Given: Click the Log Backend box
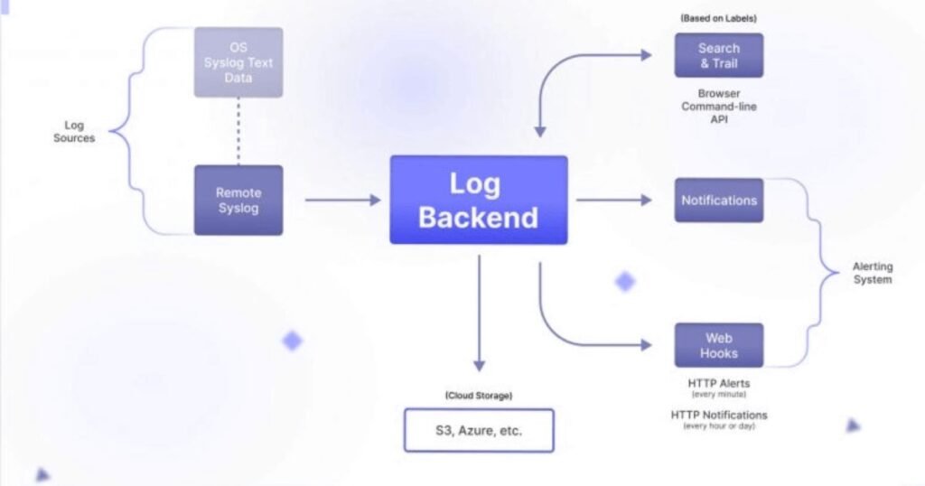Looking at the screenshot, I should pyautogui.click(x=478, y=200).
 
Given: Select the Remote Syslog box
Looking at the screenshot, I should pyautogui.click(x=238, y=200).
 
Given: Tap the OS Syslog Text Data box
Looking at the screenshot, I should pyautogui.click(x=238, y=62).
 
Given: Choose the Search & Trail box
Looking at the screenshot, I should pyautogui.click(x=718, y=55).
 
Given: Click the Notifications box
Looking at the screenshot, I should pyautogui.click(x=718, y=200).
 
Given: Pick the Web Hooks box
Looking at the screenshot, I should pyautogui.click(x=718, y=345).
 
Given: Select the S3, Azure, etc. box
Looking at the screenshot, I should pyautogui.click(x=478, y=430).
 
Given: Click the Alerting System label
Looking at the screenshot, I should pyautogui.click(x=872, y=273).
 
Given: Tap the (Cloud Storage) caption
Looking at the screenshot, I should pyautogui.click(x=478, y=396).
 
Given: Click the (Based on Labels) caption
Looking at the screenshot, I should pyautogui.click(x=718, y=18).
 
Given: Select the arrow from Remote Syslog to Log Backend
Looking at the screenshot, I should pyautogui.click(x=342, y=200).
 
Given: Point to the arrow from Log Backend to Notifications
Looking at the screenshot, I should pyautogui.click(x=613, y=200).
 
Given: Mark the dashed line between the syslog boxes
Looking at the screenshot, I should pyautogui.click(x=238, y=131).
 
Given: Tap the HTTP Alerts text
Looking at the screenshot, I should pyautogui.click(x=718, y=384).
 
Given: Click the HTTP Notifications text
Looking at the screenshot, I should pyautogui.click(x=718, y=415).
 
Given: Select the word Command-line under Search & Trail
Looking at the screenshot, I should pyautogui.click(x=718, y=107).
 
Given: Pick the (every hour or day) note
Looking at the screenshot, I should pyautogui.click(x=718, y=425).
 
